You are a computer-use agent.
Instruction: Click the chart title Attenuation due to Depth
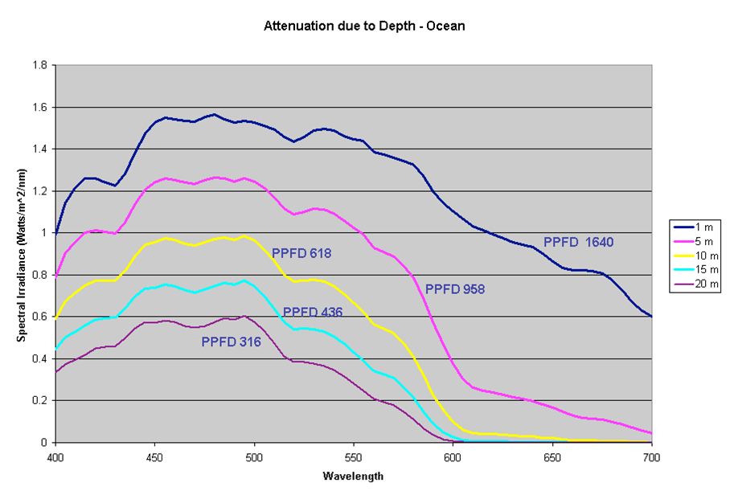(x=364, y=26)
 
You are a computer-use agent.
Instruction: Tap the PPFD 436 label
(x=313, y=312)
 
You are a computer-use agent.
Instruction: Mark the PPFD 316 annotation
(x=231, y=342)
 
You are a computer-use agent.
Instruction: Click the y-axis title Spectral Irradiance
(x=23, y=254)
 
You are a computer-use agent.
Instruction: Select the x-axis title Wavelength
(x=353, y=476)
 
